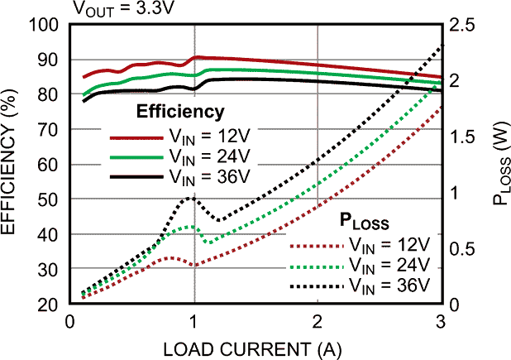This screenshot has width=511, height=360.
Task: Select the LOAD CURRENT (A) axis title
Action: tap(255, 348)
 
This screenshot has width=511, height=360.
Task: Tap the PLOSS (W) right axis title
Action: tap(499, 166)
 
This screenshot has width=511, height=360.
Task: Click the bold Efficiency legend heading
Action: tap(180, 112)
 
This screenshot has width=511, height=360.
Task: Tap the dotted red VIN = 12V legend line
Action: tap(315, 247)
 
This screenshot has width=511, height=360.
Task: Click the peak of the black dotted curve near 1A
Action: tap(190, 198)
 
